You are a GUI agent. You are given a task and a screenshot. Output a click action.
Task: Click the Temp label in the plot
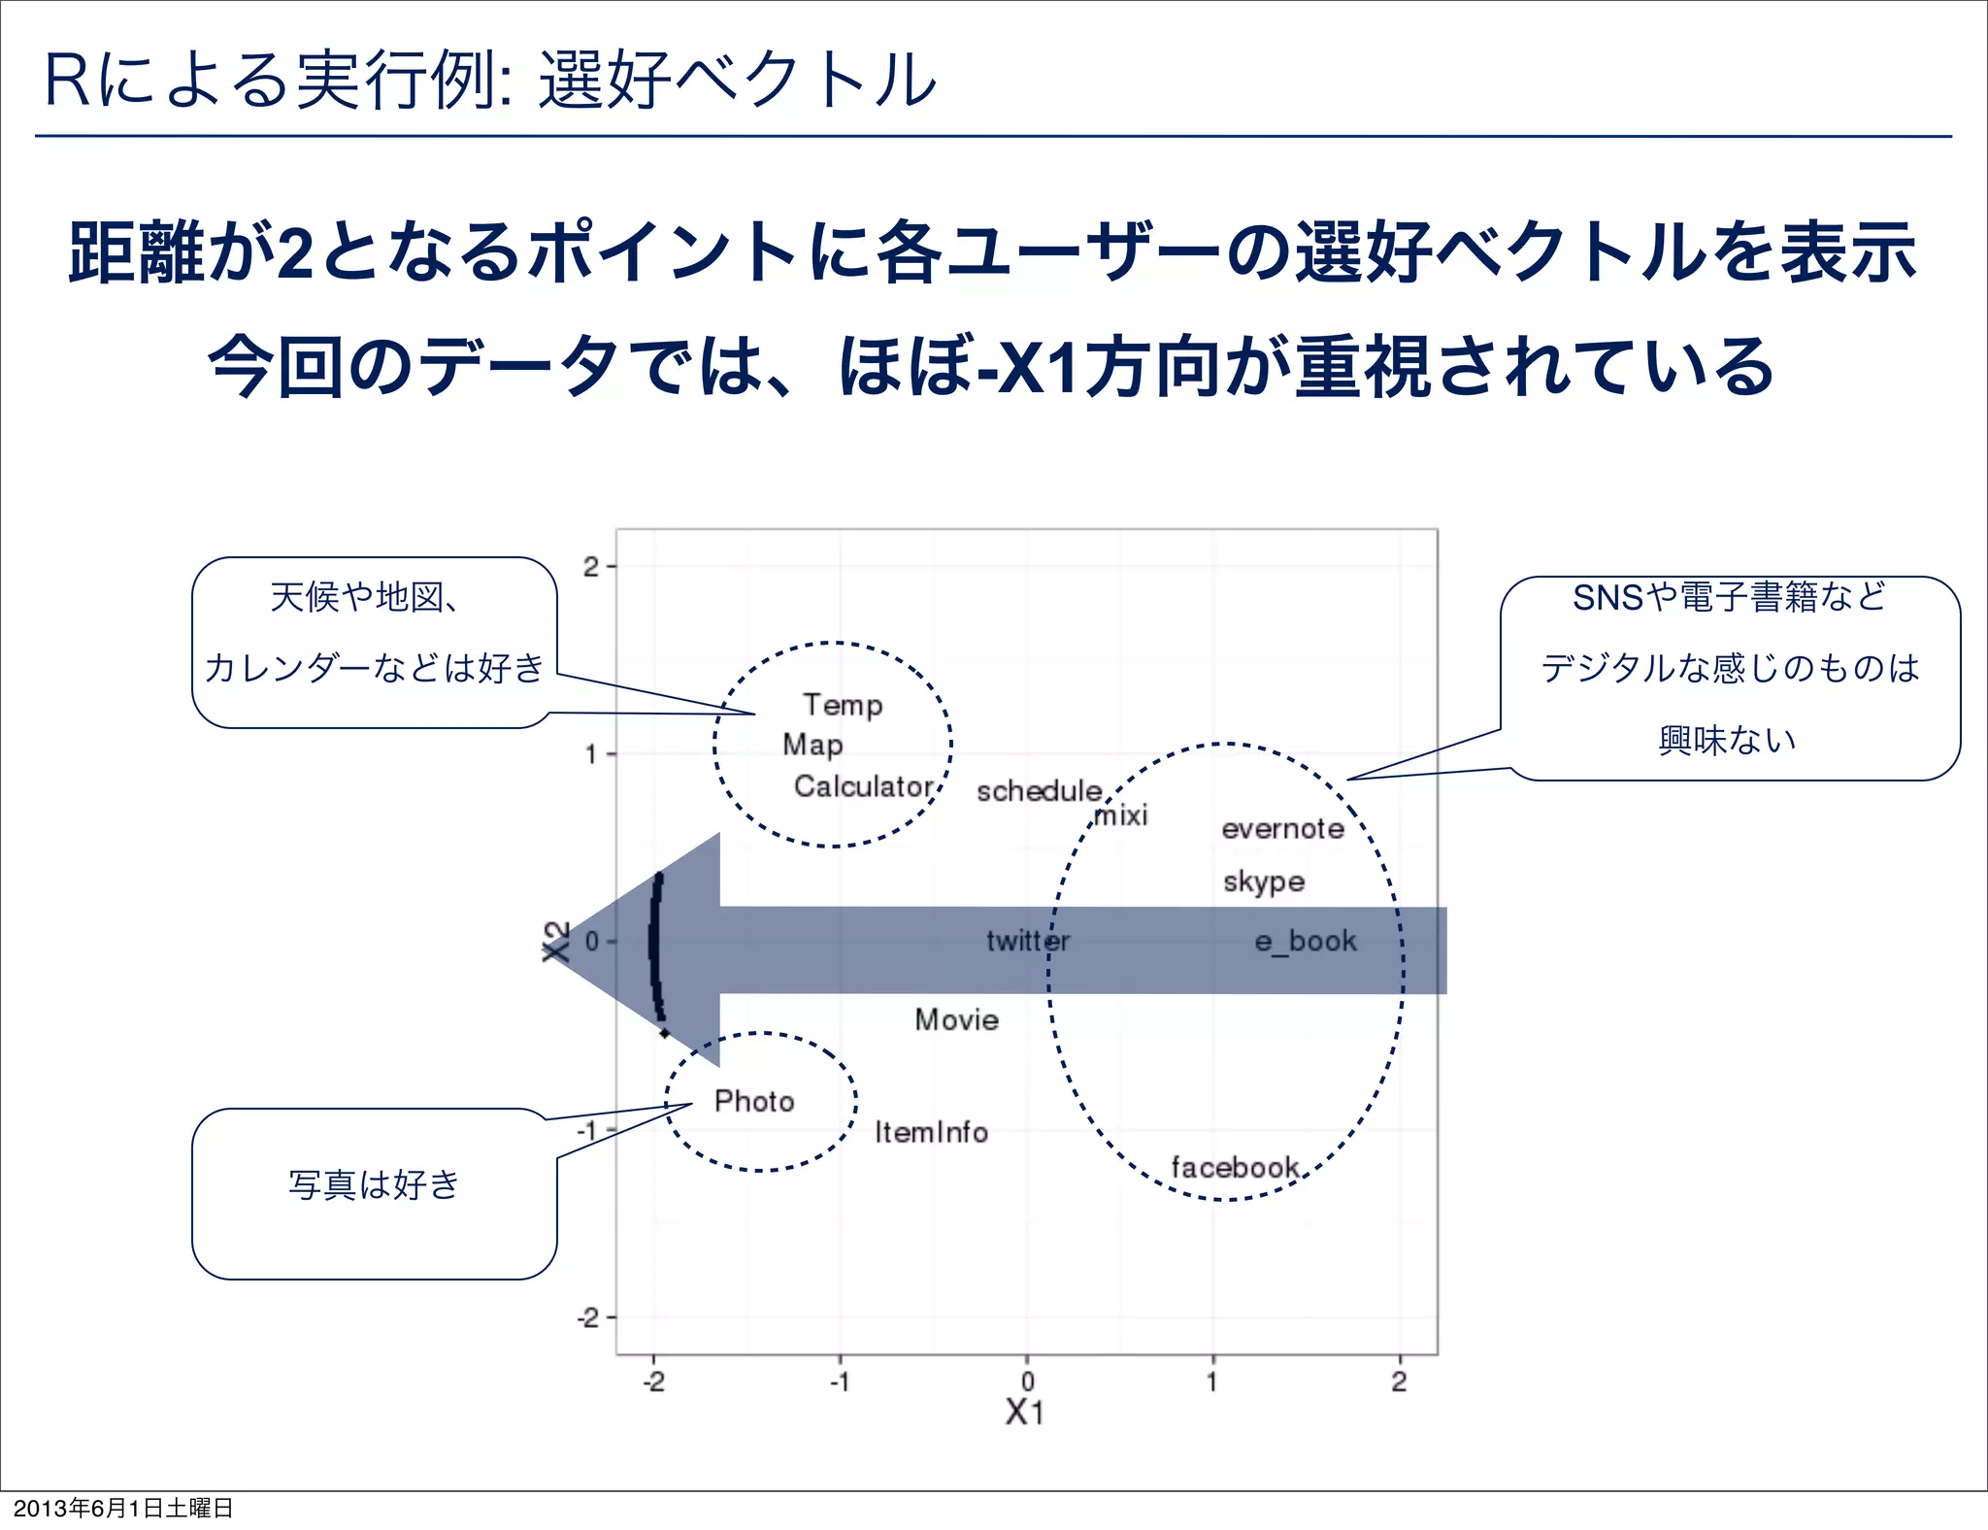point(843,705)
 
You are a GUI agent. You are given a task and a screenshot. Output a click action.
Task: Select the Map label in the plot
point(812,745)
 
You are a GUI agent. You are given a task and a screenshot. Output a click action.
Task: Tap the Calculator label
point(863,785)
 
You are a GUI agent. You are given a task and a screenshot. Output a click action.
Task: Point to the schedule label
point(1039,790)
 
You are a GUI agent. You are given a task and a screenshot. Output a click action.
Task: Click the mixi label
point(1121,815)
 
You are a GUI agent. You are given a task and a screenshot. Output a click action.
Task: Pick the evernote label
point(1282,828)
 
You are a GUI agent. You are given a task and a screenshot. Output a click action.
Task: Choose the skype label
point(1263,881)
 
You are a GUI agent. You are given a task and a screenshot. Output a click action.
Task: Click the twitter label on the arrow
point(1028,940)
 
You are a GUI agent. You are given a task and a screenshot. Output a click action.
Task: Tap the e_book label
point(1306,941)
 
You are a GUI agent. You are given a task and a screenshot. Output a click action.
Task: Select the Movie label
point(956,1019)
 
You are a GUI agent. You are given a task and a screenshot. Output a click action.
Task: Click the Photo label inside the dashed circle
point(754,1101)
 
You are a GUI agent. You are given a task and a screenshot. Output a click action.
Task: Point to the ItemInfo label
point(931,1132)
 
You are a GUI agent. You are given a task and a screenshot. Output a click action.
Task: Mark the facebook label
point(1235,1167)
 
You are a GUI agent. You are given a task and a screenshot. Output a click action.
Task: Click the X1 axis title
point(1025,1412)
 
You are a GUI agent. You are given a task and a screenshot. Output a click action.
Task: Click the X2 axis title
point(555,941)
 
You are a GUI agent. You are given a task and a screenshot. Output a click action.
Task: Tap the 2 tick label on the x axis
point(1399,1381)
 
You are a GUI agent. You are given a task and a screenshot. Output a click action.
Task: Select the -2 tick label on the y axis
point(588,1317)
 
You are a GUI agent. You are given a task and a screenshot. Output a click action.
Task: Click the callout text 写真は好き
point(374,1184)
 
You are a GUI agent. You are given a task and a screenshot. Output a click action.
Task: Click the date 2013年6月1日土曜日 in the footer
point(123,1508)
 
